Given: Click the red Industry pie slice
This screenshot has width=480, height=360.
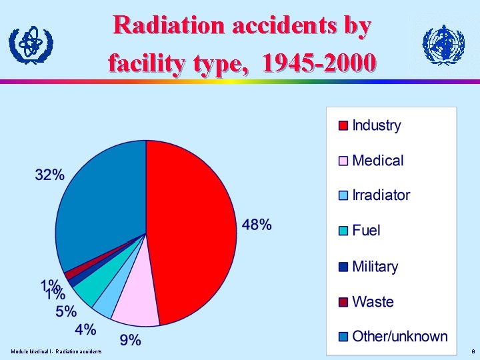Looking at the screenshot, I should [193, 227].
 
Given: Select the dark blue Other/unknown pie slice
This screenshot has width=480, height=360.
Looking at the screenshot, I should [100, 200].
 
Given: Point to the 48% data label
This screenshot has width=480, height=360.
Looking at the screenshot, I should [257, 225].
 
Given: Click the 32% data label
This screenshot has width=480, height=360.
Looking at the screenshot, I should [50, 175].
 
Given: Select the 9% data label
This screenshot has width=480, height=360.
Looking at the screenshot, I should [131, 340].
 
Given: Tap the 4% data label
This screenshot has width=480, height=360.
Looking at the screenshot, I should [85, 329].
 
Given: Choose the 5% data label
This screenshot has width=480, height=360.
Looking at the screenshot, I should [66, 311].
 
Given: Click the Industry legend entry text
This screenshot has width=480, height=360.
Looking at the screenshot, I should [376, 125].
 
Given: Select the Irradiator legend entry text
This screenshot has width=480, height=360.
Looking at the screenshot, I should [381, 195].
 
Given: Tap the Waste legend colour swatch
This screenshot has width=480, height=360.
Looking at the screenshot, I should [343, 302].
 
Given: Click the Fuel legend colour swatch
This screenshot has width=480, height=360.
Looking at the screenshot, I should [343, 231].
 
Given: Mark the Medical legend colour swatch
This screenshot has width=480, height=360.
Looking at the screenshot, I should [343, 161].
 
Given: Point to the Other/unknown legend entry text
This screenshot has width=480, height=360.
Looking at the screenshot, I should [399, 336].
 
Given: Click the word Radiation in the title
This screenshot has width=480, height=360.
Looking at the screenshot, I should [169, 25].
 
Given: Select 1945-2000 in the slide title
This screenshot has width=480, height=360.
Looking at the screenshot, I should [319, 63].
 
